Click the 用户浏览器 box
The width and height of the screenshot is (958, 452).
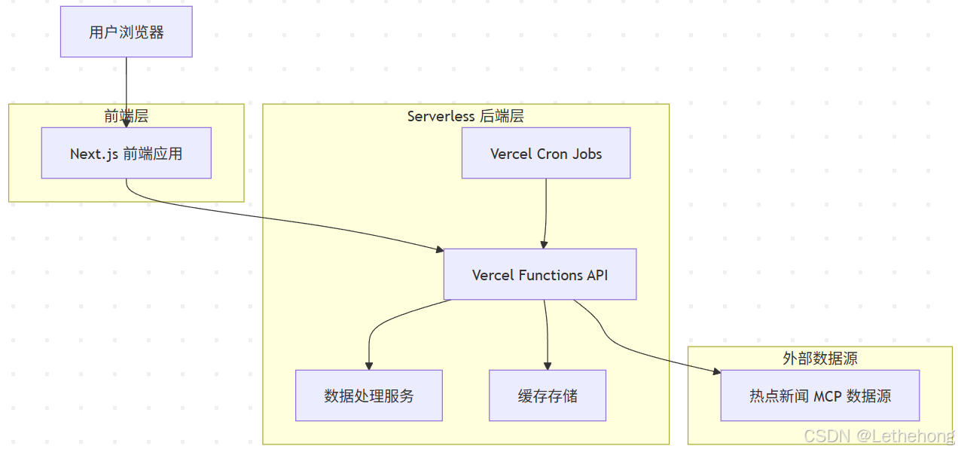126,32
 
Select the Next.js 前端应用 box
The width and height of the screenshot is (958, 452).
126,153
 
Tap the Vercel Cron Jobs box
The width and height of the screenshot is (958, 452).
545,153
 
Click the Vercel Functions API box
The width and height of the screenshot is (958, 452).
539,274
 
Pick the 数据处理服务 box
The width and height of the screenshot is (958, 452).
368,395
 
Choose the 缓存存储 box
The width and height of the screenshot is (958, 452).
547,395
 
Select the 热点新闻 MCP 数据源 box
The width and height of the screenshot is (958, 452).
819,395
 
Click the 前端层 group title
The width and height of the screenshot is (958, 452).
126,115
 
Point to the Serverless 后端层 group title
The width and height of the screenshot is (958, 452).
465,116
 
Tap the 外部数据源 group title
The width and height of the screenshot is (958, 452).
819,359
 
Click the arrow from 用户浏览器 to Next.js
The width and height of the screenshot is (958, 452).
126,90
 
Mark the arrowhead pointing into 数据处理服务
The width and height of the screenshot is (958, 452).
369,365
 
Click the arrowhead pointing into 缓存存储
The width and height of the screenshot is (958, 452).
548,365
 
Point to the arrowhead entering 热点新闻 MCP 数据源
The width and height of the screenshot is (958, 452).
715,371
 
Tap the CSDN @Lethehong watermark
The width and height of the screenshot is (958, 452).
878,436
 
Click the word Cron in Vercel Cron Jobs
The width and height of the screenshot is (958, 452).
552,154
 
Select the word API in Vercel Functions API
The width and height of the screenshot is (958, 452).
596,275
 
